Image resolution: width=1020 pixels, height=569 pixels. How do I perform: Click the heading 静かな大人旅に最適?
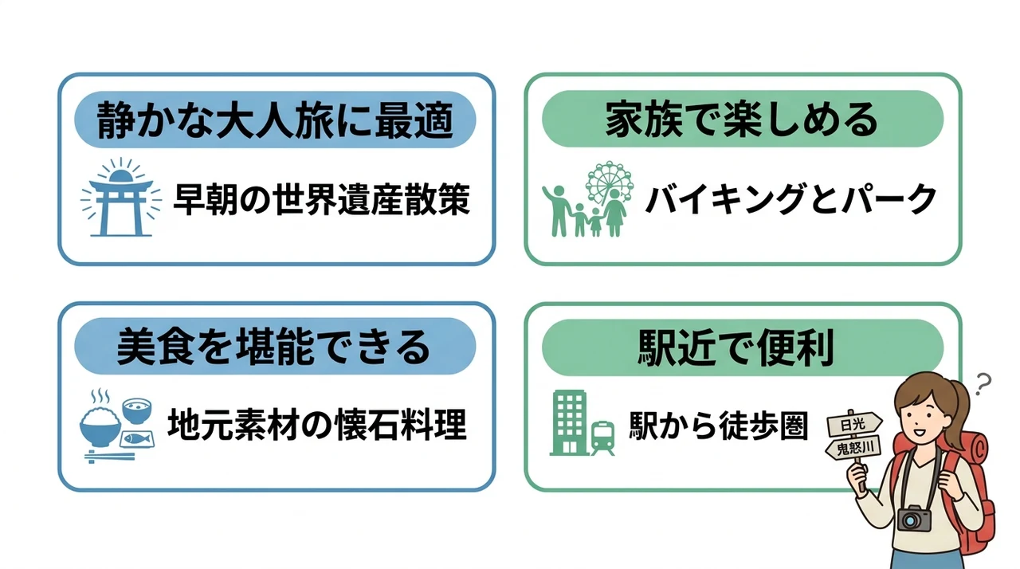(275, 120)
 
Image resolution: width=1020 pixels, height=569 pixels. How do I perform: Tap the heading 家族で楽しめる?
(742, 120)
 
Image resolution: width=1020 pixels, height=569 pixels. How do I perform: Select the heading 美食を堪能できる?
(273, 347)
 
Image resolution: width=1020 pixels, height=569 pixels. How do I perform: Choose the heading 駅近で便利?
(736, 347)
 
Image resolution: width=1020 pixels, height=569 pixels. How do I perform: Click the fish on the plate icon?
(136, 439)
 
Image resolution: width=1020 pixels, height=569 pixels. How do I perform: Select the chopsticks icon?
(109, 456)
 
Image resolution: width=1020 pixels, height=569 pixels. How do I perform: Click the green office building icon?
(569, 422)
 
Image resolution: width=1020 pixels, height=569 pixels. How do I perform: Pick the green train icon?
(603, 438)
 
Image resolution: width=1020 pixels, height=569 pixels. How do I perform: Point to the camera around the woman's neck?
(914, 518)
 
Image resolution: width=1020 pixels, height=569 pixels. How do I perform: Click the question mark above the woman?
(983, 384)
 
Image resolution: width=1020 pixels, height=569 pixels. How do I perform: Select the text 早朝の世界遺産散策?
(321, 200)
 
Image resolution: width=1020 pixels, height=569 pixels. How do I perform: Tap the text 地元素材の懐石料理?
(317, 425)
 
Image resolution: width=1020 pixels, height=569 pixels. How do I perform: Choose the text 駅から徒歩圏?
(719, 426)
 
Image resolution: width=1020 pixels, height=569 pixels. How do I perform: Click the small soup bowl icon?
(137, 411)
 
